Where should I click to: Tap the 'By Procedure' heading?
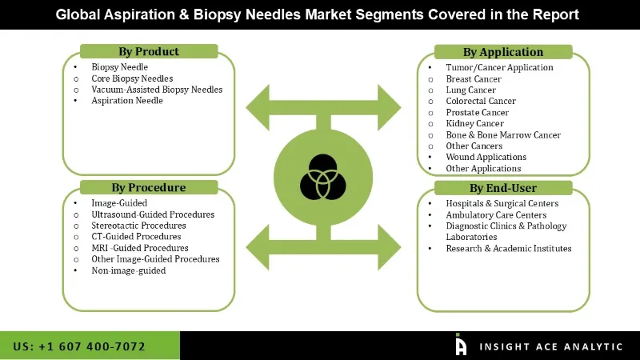click(148, 188)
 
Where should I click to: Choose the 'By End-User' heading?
click(503, 188)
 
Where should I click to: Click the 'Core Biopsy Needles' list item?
click(132, 78)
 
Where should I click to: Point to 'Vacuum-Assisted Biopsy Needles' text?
click(157, 90)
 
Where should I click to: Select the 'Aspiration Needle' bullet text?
click(127, 101)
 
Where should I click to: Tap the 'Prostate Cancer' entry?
click(478, 113)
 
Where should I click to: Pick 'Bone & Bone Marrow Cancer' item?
click(503, 135)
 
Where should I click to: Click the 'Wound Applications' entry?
click(486, 158)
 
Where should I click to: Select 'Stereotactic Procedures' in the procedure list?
click(138, 226)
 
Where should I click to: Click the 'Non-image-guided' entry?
click(128, 270)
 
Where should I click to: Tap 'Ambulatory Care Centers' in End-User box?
click(496, 215)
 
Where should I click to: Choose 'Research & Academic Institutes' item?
click(509, 249)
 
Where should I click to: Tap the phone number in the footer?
click(80, 346)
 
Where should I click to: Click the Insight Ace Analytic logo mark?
click(461, 344)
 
